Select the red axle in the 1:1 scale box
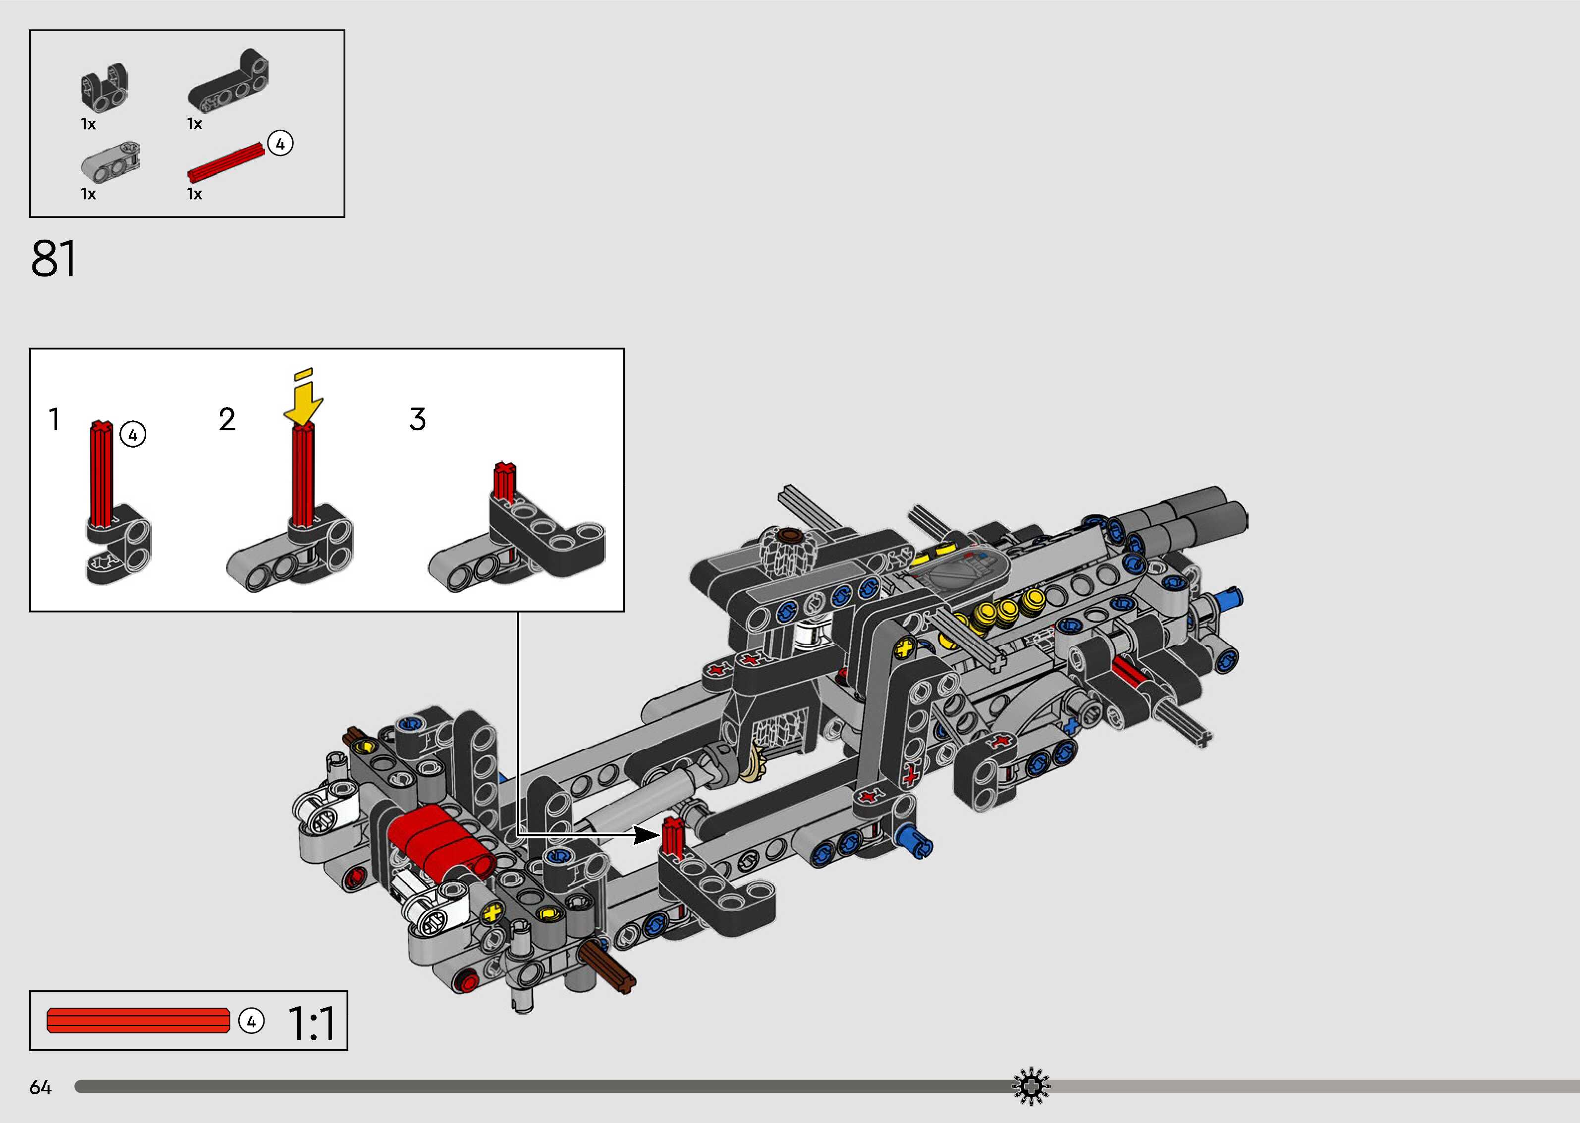[138, 1021]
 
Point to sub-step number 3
[418, 419]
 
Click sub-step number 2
[227, 419]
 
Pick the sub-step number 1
[54, 419]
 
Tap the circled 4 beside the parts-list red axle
[279, 143]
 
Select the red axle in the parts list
[227, 162]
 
